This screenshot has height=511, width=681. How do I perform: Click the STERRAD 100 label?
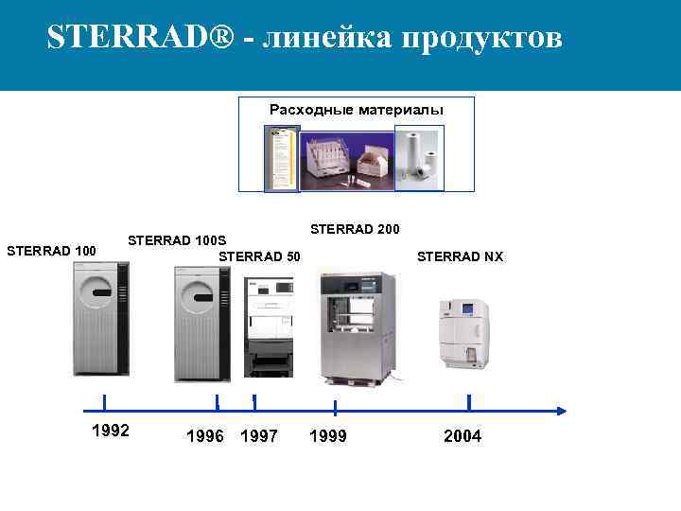coord(51,251)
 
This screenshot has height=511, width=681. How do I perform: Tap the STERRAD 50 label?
coord(259,256)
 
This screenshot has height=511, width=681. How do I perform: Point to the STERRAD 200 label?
coord(355,229)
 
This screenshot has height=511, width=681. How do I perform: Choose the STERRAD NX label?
coord(461,256)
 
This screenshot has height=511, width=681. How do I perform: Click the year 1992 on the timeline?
coord(111,431)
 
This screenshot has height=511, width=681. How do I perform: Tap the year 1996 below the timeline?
coord(205,436)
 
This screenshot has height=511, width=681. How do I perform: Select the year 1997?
coord(259,436)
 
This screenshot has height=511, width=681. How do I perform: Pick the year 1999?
coord(328,436)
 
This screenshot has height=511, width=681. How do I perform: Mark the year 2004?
coord(463,436)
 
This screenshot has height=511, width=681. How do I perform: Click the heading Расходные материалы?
coord(356,110)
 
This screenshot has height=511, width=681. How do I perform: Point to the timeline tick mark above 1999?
coord(335,407)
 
